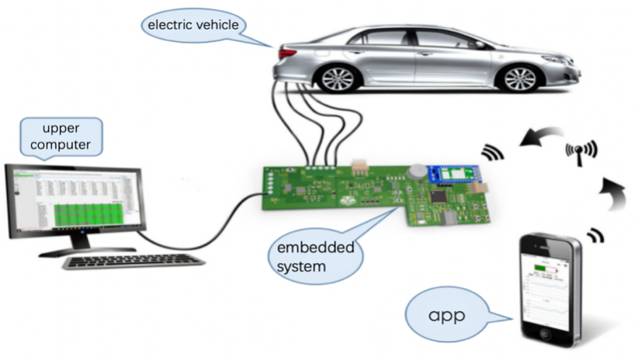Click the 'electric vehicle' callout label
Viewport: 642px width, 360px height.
point(193,25)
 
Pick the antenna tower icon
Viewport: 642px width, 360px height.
point(581,151)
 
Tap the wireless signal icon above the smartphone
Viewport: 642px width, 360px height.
point(595,234)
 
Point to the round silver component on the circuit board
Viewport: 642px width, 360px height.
point(417,170)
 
